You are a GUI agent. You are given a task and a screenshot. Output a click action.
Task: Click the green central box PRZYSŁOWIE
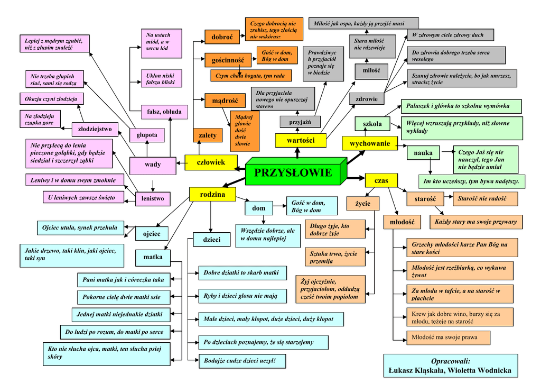(293, 173)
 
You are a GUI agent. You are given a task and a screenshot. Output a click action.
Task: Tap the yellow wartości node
(301, 140)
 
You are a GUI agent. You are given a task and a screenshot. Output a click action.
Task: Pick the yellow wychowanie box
(370, 143)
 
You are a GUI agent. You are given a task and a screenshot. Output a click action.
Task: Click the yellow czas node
(381, 180)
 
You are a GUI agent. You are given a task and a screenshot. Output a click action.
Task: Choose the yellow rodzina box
(212, 195)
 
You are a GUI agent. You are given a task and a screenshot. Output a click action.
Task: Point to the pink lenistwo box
(152, 199)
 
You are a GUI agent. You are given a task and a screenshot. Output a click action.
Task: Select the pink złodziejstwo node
(95, 129)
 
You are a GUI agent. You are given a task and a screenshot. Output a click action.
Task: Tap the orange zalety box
(207, 135)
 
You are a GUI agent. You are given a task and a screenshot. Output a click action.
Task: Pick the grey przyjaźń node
(300, 122)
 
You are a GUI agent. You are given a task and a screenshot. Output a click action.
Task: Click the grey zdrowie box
(366, 99)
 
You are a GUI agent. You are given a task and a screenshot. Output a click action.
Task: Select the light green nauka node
(423, 153)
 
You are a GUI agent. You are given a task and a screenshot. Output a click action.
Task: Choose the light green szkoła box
(372, 124)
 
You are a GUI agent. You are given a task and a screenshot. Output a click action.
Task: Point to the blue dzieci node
(211, 240)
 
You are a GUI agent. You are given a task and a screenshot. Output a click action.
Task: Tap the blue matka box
(153, 258)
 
